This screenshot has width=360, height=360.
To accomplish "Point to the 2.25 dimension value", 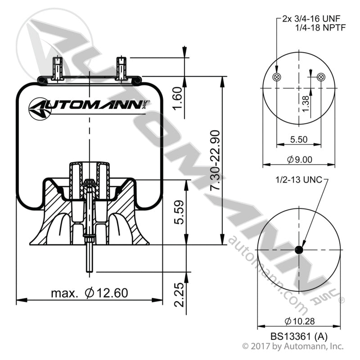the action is (x=179, y=294).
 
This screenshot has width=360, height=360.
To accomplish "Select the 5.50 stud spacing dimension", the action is (x=298, y=139).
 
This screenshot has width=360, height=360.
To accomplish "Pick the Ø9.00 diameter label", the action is (x=298, y=159).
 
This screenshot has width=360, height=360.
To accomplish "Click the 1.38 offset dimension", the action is (x=306, y=104).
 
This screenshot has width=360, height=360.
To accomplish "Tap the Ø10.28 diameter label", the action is (x=299, y=321).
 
